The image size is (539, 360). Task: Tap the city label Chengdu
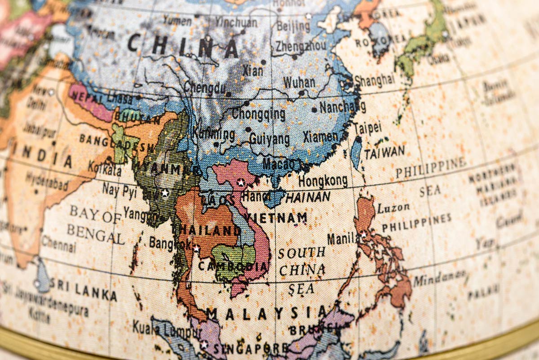[204, 88]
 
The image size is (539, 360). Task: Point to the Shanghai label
[375, 80]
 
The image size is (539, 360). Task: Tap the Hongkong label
[323, 181]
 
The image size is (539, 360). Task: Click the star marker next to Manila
[363, 234]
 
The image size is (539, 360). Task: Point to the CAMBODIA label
[233, 266]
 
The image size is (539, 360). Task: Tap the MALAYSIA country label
[267, 312]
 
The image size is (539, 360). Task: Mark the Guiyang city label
[269, 139]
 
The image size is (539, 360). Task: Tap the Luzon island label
[393, 208]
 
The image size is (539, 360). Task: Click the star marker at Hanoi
[241, 182]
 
